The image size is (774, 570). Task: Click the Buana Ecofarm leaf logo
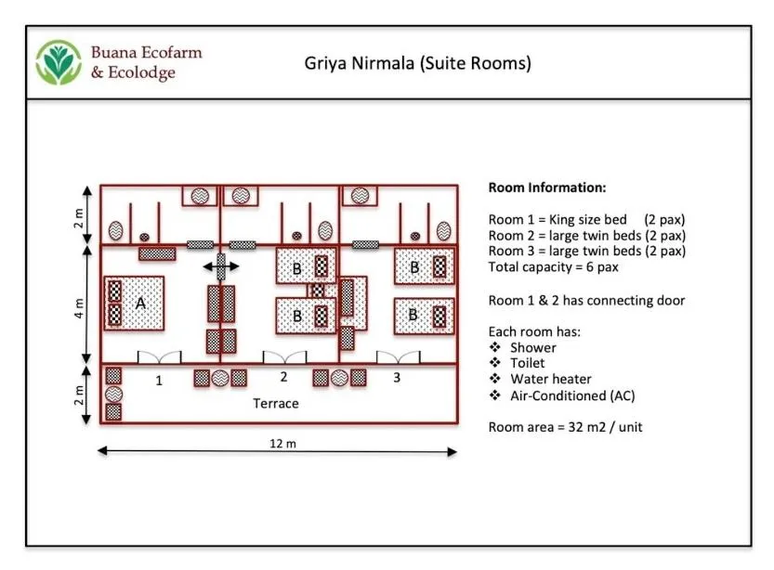59,63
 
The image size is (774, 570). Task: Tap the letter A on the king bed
140,304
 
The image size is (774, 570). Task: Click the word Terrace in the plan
276,404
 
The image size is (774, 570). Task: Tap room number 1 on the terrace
159,379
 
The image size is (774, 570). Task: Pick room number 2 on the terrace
284,377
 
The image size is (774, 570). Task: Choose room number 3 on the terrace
396,377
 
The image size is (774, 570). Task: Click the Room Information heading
546,188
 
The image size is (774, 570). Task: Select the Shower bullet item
533,347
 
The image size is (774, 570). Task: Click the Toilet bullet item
528,363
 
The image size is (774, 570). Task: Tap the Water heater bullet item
550,379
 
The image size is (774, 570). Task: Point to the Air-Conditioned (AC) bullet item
572,395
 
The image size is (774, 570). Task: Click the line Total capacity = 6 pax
553,267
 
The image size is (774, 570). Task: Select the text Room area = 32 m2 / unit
565,427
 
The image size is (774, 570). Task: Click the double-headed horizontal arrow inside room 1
221,267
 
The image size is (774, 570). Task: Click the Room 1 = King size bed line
586,219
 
